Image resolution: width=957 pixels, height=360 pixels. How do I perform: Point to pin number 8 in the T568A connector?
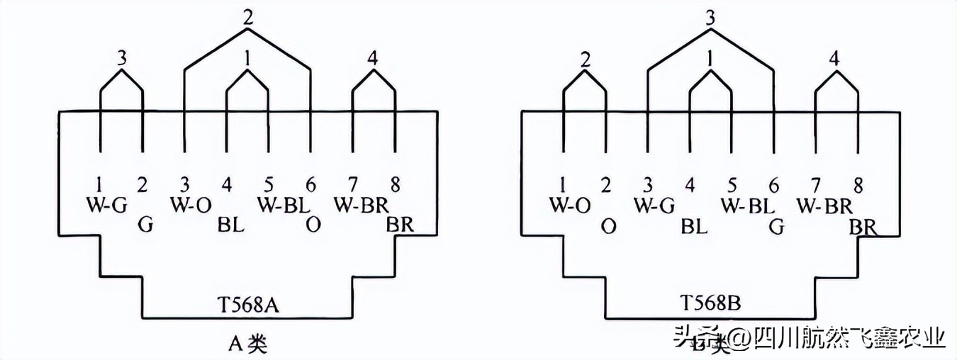click(396, 186)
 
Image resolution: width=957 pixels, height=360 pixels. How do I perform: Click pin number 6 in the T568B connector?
click(774, 186)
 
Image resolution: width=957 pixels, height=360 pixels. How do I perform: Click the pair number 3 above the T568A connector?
click(122, 58)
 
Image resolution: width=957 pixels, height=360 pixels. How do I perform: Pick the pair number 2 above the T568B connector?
click(584, 58)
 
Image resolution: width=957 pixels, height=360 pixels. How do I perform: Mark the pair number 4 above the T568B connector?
click(835, 58)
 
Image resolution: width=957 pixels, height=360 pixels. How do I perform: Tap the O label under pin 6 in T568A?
click(311, 225)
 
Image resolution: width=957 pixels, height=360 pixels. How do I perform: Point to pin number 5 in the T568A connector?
click(269, 186)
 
